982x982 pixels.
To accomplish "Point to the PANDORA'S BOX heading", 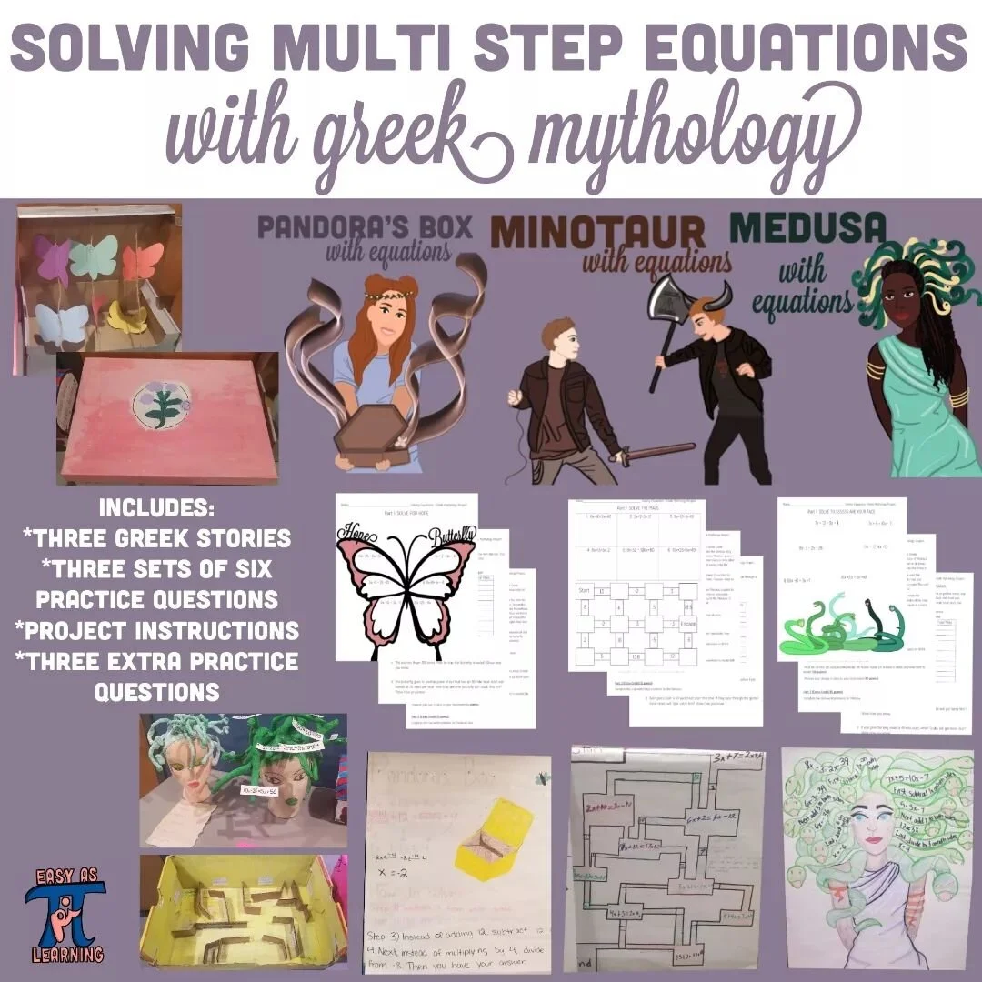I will [365, 226].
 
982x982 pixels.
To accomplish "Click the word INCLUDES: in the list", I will [155, 507].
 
